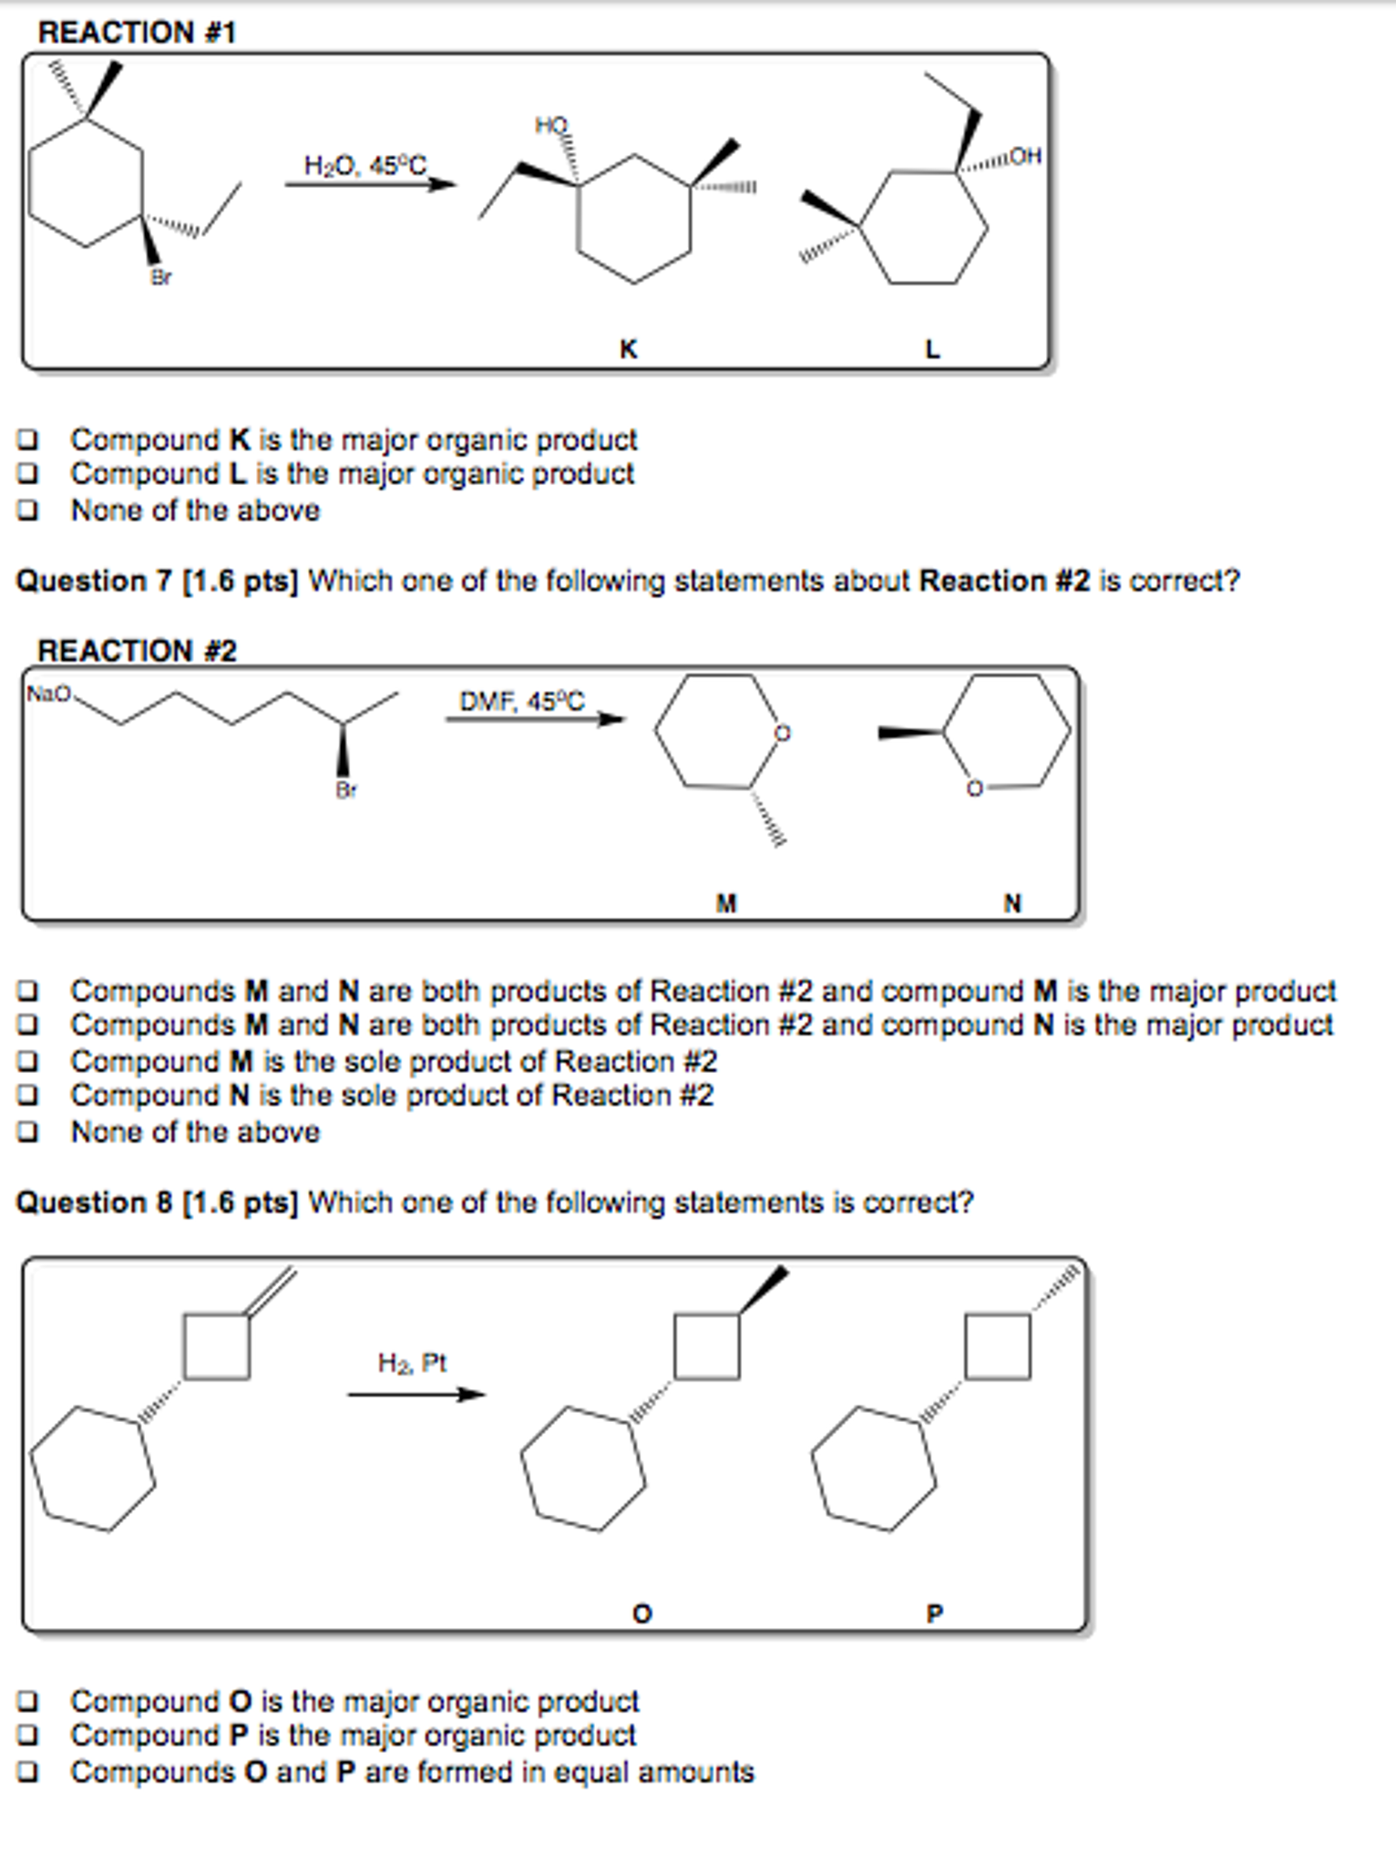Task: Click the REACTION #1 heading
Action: click(137, 32)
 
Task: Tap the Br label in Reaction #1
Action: click(161, 277)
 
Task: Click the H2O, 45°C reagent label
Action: click(364, 166)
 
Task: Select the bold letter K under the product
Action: click(628, 349)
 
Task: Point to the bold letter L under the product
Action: click(931, 349)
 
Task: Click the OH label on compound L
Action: click(1025, 156)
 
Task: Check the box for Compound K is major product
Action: click(28, 440)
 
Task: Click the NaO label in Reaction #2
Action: click(48, 695)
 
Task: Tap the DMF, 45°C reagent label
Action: click(521, 701)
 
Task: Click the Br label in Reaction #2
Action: click(345, 789)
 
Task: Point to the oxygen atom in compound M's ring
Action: click(782, 733)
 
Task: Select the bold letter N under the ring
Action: click(1012, 903)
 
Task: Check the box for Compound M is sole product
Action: click(28, 1062)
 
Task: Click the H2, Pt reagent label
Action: click(412, 1363)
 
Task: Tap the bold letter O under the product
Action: click(642, 1614)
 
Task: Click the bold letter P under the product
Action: click(934, 1614)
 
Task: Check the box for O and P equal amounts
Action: click(28, 1773)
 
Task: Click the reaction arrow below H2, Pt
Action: click(416, 1394)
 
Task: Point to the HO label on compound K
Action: click(551, 125)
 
